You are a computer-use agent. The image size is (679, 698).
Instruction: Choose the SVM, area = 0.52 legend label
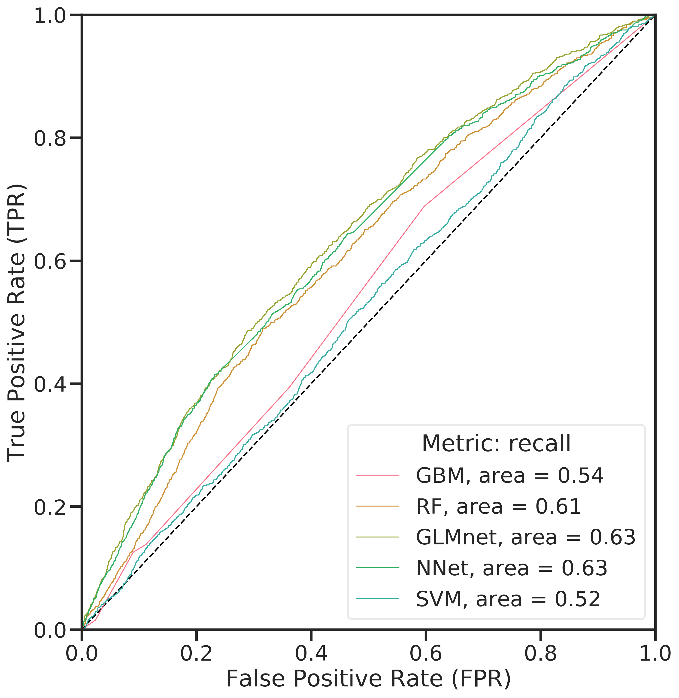(x=508, y=599)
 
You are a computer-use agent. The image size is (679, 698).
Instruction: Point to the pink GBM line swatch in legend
(x=377, y=475)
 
